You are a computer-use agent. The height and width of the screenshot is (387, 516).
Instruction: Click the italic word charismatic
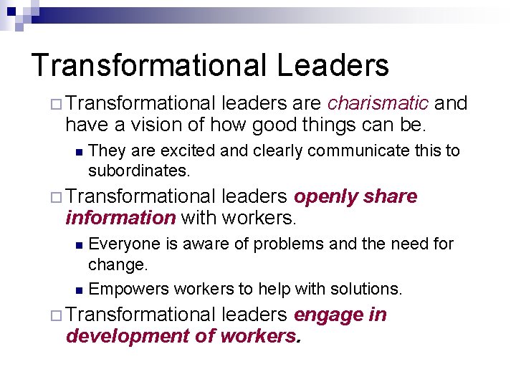[x=378, y=104]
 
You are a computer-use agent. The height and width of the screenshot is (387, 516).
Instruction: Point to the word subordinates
[x=138, y=172]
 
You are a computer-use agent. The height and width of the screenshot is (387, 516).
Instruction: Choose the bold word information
[x=120, y=217]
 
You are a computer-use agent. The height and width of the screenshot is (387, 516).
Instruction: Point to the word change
[x=118, y=265]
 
